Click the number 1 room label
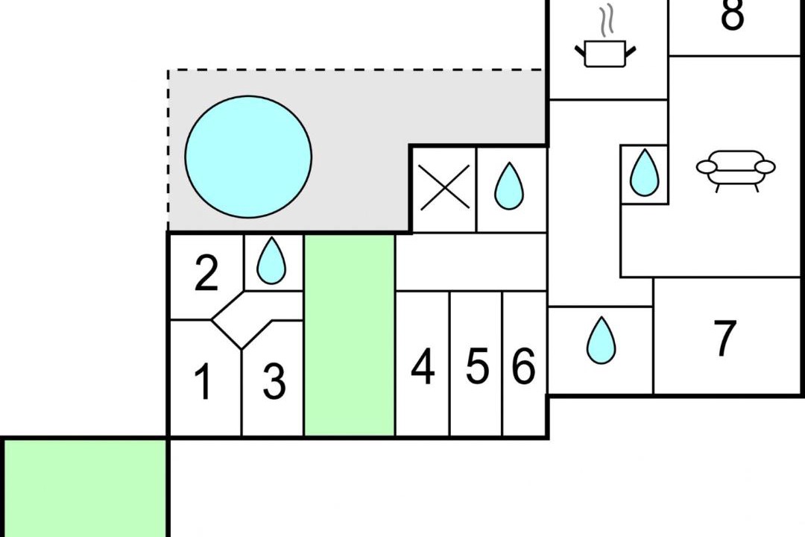202,382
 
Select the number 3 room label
274,382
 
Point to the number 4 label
423,367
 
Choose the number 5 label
477,367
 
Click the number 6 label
523,367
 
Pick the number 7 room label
724,339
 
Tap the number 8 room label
732,16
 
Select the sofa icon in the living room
736,169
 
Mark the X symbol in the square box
444,186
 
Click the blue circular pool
248,157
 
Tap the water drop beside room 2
271,260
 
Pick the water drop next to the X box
509,186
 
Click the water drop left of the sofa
644,172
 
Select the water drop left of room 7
601,341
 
